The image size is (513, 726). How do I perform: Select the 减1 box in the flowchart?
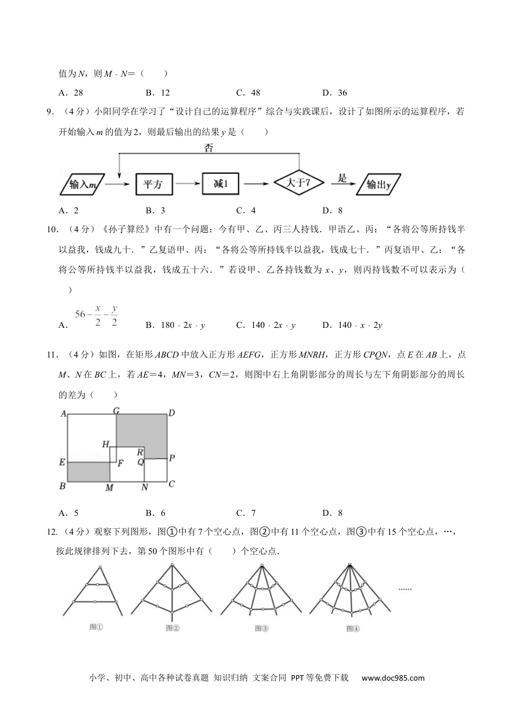221,184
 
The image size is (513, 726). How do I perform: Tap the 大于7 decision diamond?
299,183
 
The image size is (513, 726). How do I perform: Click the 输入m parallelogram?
81,185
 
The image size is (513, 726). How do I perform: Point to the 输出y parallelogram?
379,185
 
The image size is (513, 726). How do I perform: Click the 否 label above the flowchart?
208,147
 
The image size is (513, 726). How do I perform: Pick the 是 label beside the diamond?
342,178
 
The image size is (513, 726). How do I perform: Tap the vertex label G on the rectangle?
116,411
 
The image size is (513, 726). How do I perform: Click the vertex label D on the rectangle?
171,413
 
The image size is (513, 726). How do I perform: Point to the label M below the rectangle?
109,488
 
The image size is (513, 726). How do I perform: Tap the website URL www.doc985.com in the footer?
393,678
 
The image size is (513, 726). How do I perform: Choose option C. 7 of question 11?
246,513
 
